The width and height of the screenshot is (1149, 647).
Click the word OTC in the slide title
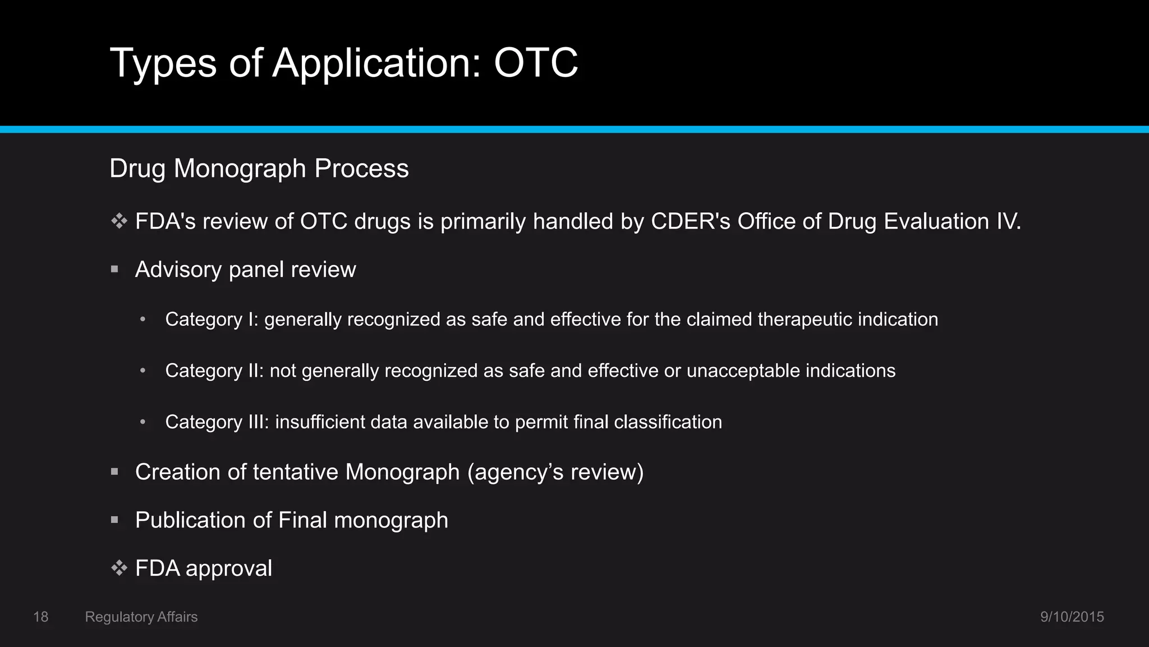click(536, 63)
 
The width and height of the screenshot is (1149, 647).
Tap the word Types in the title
click(163, 63)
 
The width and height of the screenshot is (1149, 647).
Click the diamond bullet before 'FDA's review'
click(119, 221)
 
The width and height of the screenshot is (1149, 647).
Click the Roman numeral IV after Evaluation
click(1008, 221)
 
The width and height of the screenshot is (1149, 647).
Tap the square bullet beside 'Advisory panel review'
click(115, 270)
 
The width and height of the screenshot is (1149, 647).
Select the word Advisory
click(178, 270)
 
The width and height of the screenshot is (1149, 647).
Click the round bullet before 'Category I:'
click(143, 320)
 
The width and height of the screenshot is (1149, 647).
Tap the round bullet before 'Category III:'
click(143, 422)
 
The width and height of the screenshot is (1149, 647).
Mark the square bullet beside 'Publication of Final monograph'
click(115, 520)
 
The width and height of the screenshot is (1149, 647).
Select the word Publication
click(190, 520)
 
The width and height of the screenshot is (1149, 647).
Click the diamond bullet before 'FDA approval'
click(119, 568)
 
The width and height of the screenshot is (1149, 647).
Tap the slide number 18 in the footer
click(41, 617)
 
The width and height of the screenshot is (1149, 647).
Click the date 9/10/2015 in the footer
click(1072, 617)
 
